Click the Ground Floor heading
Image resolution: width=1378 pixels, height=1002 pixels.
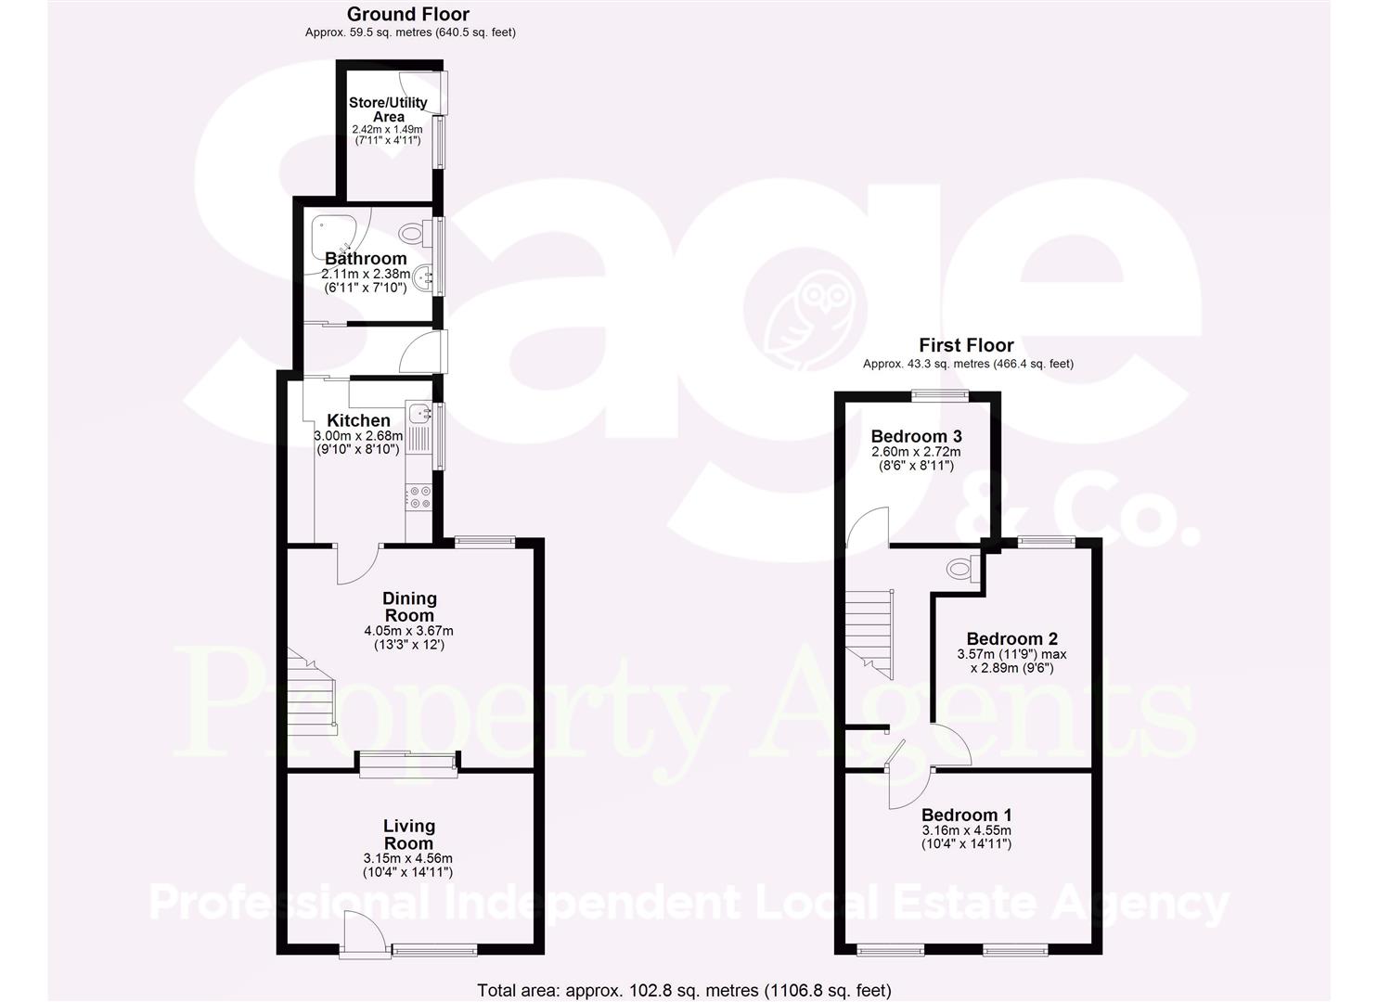(x=407, y=14)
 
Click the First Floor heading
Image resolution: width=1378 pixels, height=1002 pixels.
(x=966, y=345)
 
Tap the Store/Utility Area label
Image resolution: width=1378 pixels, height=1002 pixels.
(x=388, y=109)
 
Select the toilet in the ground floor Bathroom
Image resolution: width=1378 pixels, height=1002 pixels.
(x=413, y=232)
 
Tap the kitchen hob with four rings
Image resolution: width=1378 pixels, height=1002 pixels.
(x=418, y=496)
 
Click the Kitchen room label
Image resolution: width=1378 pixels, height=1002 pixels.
(x=358, y=421)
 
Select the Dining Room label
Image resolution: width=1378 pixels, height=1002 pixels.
(x=409, y=607)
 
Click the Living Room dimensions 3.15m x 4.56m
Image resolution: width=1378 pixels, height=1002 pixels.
(x=408, y=858)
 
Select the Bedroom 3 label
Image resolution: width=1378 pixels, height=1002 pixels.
(x=916, y=436)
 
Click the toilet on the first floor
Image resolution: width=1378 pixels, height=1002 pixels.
(x=959, y=568)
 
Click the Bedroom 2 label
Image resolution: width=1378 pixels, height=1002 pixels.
(x=1011, y=638)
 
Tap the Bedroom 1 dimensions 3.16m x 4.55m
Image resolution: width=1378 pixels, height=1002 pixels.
(x=966, y=830)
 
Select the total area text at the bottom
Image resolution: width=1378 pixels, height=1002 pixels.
(x=684, y=990)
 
